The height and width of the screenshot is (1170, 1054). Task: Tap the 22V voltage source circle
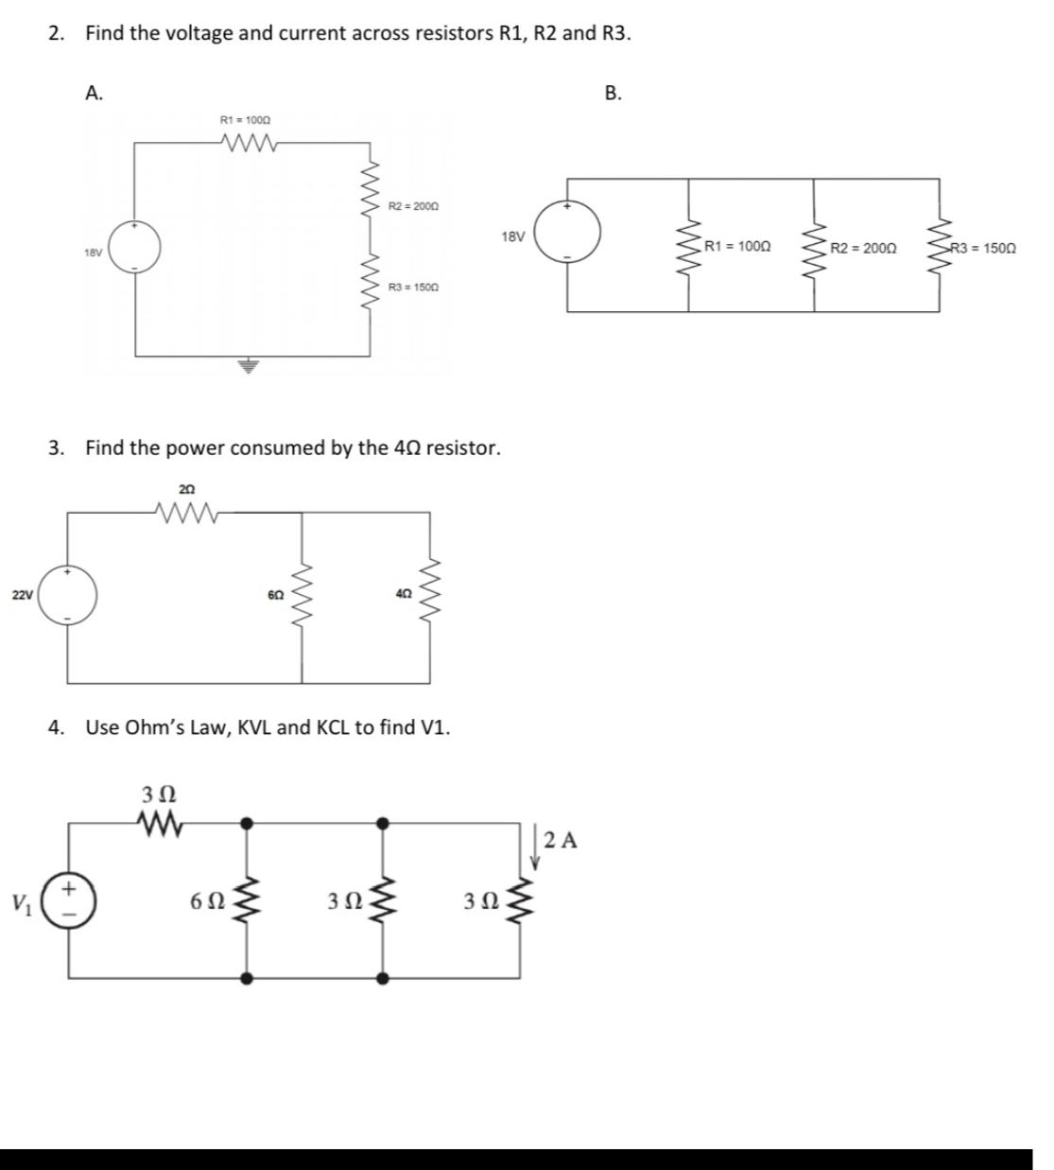point(67,595)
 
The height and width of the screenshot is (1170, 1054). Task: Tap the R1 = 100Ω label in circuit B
point(737,247)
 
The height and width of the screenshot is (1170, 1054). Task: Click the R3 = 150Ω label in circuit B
point(983,248)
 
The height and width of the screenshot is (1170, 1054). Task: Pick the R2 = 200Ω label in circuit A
point(414,205)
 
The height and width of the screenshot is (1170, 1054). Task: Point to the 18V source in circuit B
point(568,232)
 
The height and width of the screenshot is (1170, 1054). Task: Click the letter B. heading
point(613,93)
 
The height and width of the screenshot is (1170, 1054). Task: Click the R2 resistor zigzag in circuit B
point(814,248)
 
